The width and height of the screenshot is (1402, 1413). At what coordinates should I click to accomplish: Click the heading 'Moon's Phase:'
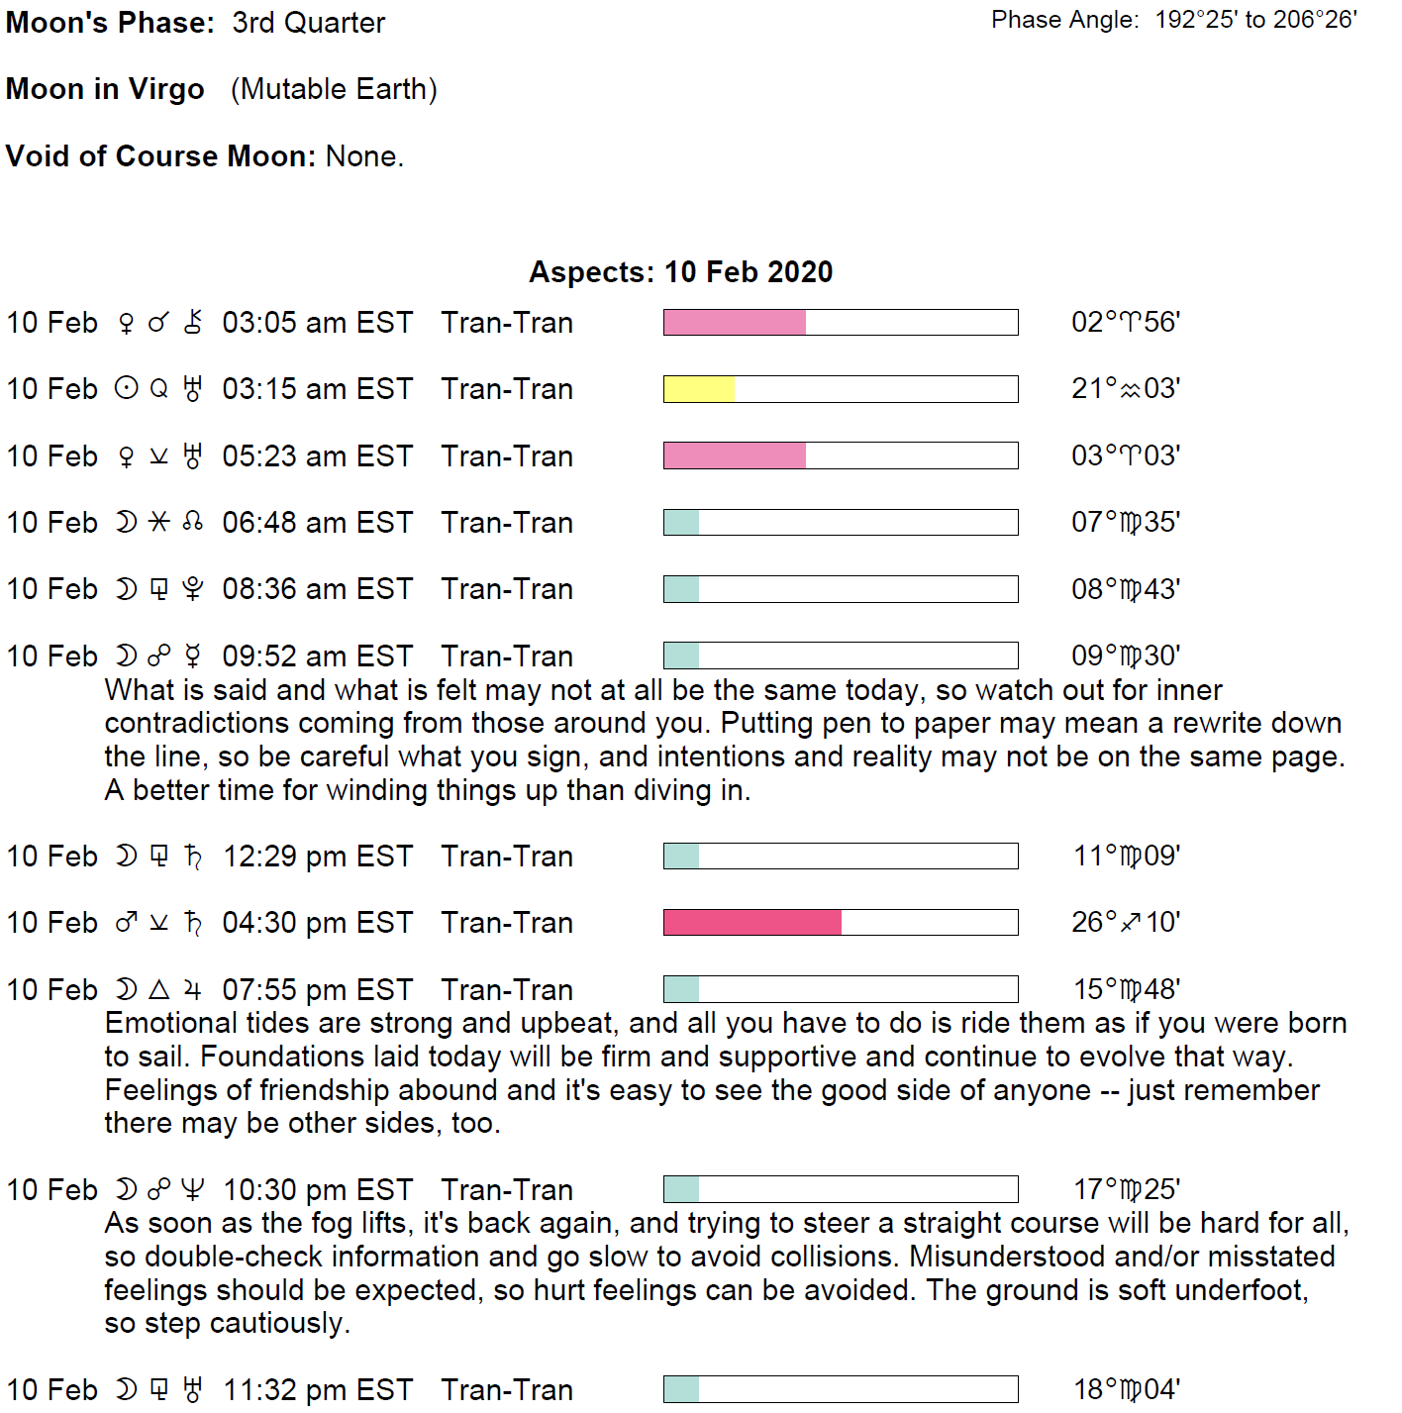[x=110, y=23]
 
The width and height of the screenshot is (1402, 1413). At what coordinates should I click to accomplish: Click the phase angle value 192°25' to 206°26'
[x=1255, y=20]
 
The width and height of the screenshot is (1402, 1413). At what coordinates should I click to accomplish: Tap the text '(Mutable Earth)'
[x=334, y=89]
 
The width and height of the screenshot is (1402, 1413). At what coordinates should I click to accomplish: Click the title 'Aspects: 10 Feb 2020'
[x=680, y=272]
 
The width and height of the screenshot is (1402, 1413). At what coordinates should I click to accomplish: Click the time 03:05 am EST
[x=317, y=323]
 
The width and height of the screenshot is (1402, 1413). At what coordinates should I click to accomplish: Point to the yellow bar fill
[x=699, y=389]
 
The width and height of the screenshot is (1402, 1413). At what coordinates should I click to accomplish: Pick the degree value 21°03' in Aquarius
[x=1126, y=388]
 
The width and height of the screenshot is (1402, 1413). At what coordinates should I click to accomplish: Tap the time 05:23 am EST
[x=317, y=456]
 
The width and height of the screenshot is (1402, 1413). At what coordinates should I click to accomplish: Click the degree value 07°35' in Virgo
[x=1126, y=522]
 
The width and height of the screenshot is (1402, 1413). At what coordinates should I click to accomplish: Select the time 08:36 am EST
[x=317, y=589]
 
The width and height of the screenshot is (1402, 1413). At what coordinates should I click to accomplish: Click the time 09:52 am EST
[x=317, y=656]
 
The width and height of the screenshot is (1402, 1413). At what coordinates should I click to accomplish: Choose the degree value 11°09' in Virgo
[x=1127, y=856]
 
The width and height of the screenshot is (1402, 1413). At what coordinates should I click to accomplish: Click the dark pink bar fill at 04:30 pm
[x=751, y=923]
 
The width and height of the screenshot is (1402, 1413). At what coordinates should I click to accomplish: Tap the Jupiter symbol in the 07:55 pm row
[x=193, y=990]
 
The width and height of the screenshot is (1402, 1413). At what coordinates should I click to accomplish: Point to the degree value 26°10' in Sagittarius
[x=1126, y=923]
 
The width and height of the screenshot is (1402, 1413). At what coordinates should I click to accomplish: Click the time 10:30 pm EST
[x=317, y=1190]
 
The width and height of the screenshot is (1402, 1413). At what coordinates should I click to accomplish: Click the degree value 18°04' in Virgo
[x=1127, y=1389]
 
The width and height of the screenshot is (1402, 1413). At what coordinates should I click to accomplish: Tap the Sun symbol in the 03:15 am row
[x=126, y=389]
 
